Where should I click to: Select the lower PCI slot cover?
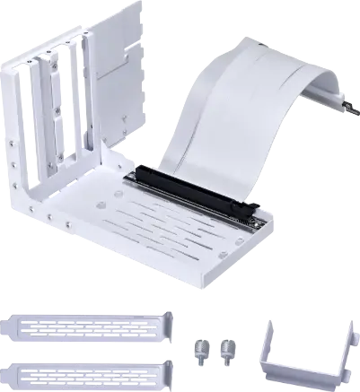[x=90, y=370]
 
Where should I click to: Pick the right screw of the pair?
[x=227, y=349]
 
